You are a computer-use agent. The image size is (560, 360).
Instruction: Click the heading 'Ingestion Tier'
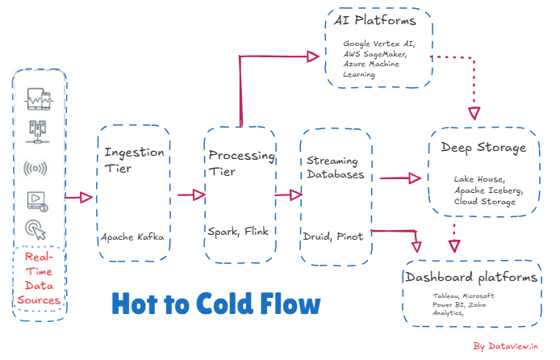pyautogui.click(x=135, y=161)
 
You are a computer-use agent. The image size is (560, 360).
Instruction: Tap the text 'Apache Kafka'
pyautogui.click(x=134, y=237)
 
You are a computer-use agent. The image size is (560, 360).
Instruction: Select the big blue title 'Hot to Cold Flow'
pyautogui.click(x=215, y=304)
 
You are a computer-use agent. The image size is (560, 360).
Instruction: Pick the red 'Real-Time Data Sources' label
pyautogui.click(x=41, y=278)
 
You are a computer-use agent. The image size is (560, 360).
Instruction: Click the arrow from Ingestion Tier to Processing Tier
pyautogui.click(x=191, y=195)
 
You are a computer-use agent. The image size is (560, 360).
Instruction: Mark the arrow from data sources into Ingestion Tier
pyautogui.click(x=80, y=197)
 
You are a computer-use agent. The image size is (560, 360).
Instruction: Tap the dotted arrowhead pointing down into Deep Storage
pyautogui.click(x=474, y=111)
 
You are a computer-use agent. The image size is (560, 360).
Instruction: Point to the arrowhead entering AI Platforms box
pyautogui.click(x=316, y=56)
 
